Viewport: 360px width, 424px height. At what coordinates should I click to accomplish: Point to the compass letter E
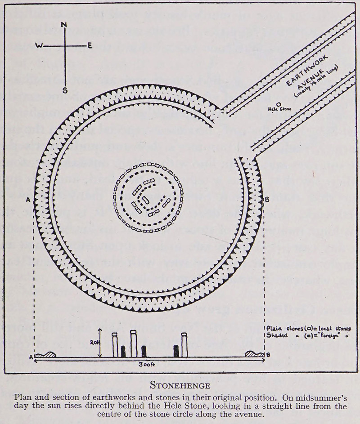(90, 45)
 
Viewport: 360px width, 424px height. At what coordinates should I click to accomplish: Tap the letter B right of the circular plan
(267, 199)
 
